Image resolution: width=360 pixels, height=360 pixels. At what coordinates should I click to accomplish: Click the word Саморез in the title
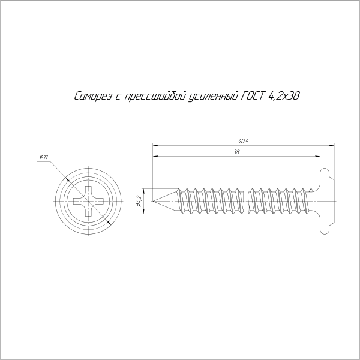tap(93, 96)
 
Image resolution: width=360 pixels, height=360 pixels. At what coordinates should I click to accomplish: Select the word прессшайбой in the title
tap(155, 96)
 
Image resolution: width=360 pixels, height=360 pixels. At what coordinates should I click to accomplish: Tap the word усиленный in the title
tap(213, 96)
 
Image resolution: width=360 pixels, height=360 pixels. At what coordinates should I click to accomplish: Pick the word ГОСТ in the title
tap(253, 96)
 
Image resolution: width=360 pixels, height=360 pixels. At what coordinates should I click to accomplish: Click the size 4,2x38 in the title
tap(284, 96)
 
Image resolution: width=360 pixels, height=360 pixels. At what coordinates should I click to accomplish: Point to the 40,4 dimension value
tap(243, 142)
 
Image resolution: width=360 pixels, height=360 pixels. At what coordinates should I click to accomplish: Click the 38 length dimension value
tap(236, 152)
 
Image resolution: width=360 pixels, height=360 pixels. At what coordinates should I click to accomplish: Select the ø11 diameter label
tap(44, 157)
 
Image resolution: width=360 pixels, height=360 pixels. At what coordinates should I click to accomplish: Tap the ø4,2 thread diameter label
tap(138, 201)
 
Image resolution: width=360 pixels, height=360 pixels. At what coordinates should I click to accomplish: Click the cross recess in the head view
tap(88, 201)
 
